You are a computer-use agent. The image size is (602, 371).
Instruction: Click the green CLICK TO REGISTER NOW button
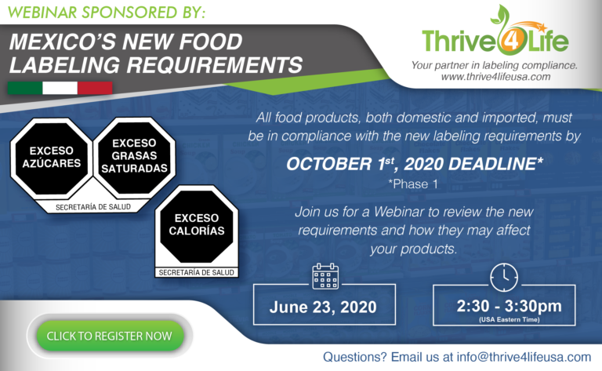click(x=109, y=336)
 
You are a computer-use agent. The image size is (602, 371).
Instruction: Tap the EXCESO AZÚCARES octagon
click(x=51, y=158)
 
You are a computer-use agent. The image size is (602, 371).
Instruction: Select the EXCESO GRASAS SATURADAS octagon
click(x=134, y=155)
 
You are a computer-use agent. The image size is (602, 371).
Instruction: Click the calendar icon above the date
click(x=325, y=276)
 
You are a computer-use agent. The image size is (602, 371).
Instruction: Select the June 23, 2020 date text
click(x=325, y=307)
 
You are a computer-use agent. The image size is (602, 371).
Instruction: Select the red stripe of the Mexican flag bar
click(x=96, y=86)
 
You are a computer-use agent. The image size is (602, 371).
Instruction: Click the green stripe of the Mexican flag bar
click(x=25, y=86)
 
